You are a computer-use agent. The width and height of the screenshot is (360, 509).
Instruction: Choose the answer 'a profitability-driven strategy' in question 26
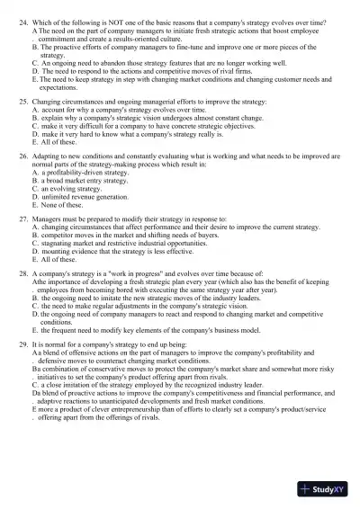(85, 172)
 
